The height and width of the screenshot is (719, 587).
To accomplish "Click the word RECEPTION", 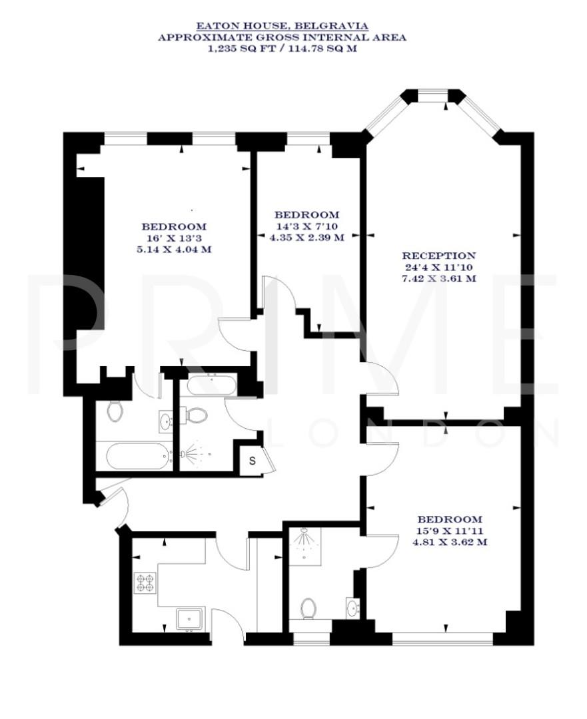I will pyautogui.click(x=438, y=256).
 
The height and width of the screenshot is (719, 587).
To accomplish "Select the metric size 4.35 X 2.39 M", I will pyautogui.click(x=306, y=238).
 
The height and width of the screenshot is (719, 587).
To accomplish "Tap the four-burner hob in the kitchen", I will pyautogui.click(x=145, y=583).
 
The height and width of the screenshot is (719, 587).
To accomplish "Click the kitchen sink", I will pyautogui.click(x=191, y=619).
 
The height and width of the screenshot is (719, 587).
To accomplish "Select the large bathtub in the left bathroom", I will pyautogui.click(x=139, y=456).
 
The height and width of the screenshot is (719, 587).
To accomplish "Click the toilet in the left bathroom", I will pyautogui.click(x=115, y=411).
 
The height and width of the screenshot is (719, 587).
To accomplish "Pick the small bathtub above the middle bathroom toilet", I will pyautogui.click(x=211, y=385).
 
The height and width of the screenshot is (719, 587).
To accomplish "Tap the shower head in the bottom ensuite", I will pyautogui.click(x=304, y=538).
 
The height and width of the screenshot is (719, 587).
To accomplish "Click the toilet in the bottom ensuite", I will pyautogui.click(x=308, y=608).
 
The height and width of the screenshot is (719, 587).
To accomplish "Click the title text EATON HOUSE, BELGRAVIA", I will pyautogui.click(x=281, y=27).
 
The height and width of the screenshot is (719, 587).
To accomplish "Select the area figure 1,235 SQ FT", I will pyautogui.click(x=235, y=48).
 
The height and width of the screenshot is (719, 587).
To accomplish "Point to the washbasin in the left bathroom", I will pyautogui.click(x=165, y=420).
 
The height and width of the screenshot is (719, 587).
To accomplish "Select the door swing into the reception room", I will pyautogui.click(x=381, y=383).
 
